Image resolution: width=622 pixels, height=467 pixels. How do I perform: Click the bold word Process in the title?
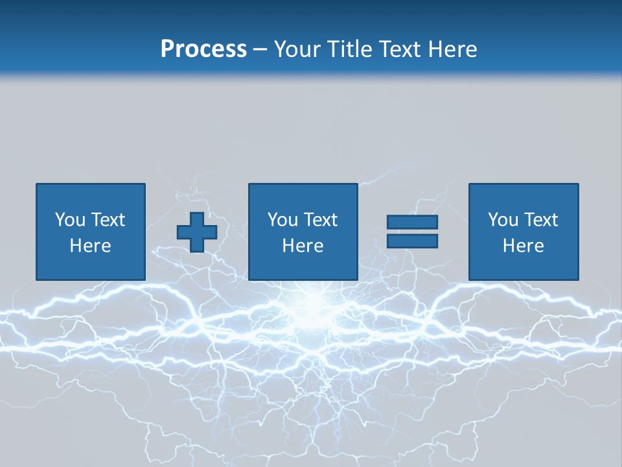203,49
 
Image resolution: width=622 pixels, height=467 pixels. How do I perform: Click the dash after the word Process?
260,50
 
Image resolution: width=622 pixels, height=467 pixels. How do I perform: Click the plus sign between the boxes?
197,232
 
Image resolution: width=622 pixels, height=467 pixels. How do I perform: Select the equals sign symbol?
412,232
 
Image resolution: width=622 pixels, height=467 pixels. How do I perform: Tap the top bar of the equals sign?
412,222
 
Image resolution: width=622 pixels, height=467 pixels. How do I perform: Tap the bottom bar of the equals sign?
412,241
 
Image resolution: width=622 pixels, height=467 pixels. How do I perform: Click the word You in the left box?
70,220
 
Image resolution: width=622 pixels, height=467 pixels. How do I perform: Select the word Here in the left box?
90,246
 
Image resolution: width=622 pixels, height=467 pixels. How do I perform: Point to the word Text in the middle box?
320,220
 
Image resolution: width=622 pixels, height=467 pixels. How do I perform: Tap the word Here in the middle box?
303,246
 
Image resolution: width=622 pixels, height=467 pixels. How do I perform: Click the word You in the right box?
503,220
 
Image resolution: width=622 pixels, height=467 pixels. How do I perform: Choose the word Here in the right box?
523,246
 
